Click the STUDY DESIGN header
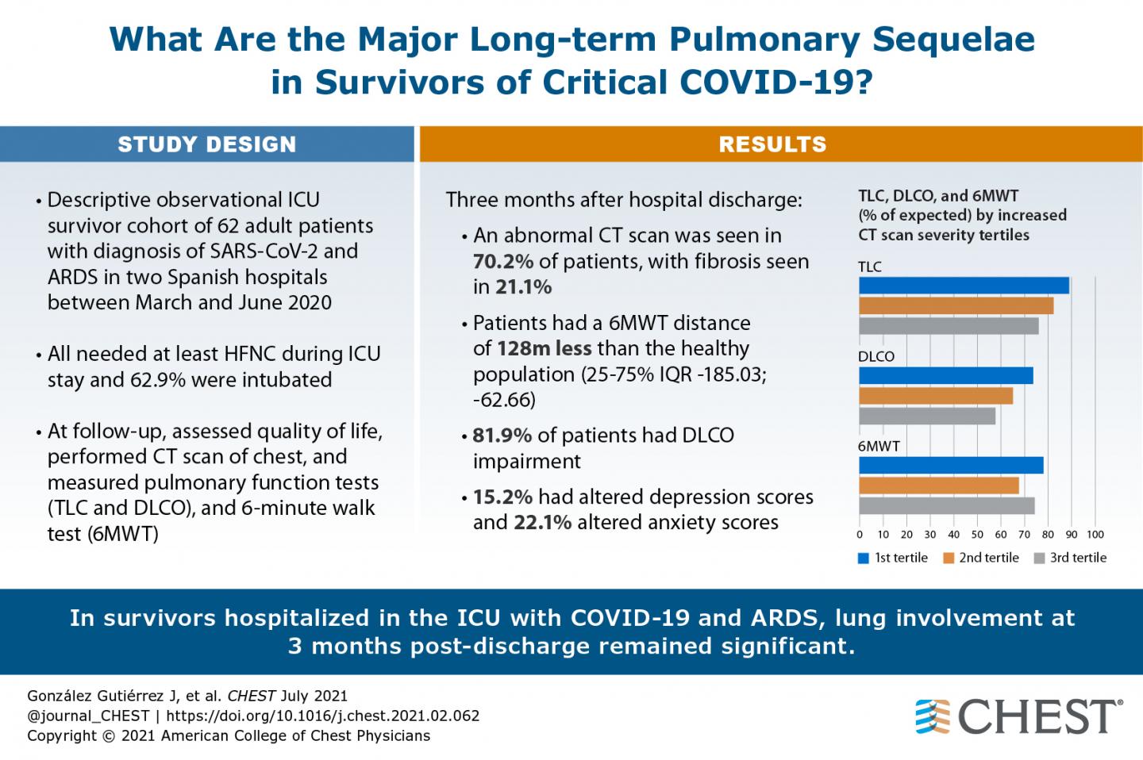206,144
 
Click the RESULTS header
772,144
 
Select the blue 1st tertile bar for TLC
964,286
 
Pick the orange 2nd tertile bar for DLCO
936,395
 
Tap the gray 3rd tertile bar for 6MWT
946,505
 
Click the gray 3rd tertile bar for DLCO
927,416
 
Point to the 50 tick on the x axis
977,535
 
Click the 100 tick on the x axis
1095,535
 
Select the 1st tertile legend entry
893,558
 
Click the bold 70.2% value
503,261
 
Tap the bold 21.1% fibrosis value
523,287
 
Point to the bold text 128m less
544,348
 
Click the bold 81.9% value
502,436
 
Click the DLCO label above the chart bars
876,356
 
